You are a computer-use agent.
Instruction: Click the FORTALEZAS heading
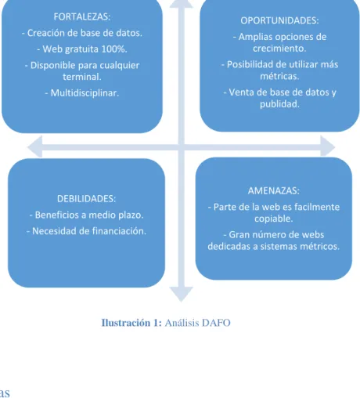point(82,16)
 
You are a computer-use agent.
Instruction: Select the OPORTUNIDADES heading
point(279,20)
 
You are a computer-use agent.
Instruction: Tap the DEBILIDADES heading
point(86,199)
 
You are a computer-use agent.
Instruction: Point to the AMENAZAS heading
point(274,190)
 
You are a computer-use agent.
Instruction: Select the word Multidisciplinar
point(85,93)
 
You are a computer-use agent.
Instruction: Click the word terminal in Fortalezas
point(82,77)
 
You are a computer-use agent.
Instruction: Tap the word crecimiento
point(279,49)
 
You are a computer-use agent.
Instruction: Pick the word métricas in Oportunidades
point(279,76)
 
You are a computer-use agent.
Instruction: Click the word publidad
point(279,104)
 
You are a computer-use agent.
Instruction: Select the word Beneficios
point(56,215)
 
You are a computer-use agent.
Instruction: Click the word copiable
point(274,219)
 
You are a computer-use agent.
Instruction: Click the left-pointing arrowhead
point(35,147)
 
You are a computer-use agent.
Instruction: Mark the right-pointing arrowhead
point(328,147)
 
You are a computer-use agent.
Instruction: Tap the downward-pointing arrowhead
point(181,294)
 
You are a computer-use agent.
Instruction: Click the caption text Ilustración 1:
point(131,323)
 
